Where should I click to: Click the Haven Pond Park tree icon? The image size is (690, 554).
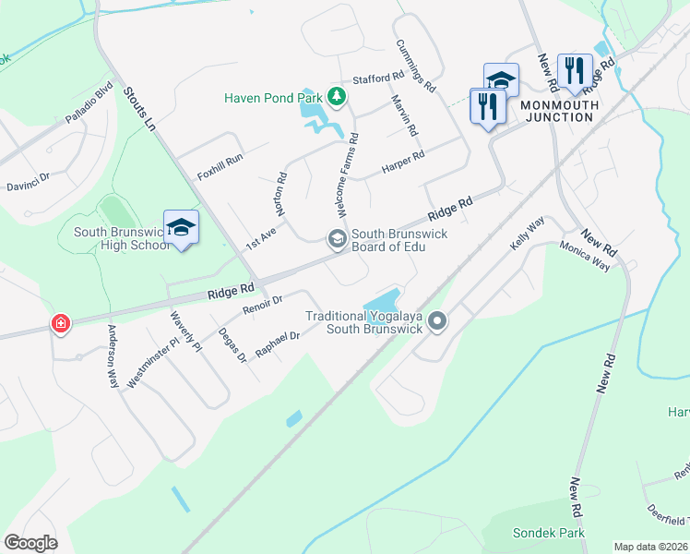coord(338,95)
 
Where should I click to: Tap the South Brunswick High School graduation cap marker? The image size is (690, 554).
coord(182,227)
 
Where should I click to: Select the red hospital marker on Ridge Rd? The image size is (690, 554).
coord(61,324)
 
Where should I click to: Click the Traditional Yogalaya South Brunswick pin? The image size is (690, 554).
coord(437,321)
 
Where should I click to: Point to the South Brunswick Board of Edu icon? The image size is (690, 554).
coord(337,239)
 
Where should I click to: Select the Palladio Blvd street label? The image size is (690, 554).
coord(89,104)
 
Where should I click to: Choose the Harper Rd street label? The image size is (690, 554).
coord(403,161)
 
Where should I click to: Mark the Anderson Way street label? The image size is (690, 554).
coord(113,355)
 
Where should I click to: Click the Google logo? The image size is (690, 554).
coord(31,543)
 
